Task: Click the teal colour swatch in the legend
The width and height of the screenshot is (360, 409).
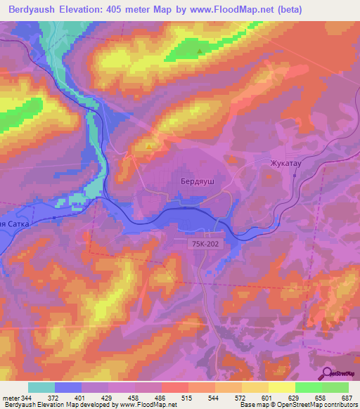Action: coord(41,387)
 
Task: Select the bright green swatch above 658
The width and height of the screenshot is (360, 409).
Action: coord(308,387)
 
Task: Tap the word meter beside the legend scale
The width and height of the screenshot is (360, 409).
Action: coord(11,398)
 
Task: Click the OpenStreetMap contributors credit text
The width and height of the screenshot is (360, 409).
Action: coord(309,405)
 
